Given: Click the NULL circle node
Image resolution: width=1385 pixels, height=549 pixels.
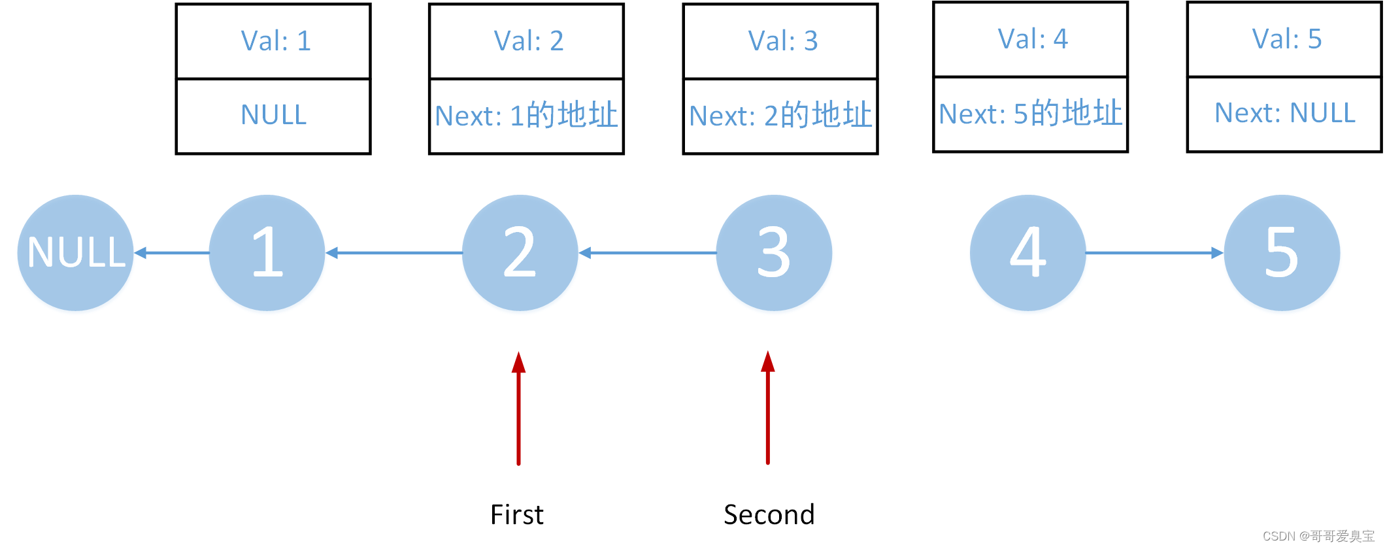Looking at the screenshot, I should tap(75, 253).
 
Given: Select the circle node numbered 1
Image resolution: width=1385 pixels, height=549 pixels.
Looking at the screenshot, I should tap(267, 253).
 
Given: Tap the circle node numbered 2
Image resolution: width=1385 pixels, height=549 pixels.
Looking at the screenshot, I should tap(520, 253).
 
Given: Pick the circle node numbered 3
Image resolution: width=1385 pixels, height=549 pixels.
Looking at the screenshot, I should tap(774, 253).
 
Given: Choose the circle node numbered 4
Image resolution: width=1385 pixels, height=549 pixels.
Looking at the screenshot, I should tap(1027, 253).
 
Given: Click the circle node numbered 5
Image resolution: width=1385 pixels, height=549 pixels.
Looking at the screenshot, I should tap(1282, 253).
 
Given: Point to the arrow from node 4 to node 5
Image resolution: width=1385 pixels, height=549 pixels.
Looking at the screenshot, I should tap(1154, 253).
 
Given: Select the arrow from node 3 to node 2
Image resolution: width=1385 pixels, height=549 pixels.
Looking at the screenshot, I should tap(647, 253).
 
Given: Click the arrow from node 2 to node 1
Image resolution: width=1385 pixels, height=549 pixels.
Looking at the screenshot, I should tap(393, 253).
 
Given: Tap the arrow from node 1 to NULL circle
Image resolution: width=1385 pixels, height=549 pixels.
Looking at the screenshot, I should tap(171, 253).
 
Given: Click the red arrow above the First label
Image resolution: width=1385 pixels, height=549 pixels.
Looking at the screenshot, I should tap(518, 408).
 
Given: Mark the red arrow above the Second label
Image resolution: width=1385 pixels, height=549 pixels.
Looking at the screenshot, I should tap(768, 408).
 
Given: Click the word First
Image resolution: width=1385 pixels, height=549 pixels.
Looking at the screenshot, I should tap(516, 514).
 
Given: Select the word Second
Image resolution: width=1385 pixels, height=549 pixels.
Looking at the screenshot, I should tap(769, 514).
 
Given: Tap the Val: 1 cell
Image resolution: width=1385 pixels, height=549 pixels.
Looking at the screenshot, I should tap(274, 41).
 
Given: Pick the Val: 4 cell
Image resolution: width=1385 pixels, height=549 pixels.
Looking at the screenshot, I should tap(1031, 39).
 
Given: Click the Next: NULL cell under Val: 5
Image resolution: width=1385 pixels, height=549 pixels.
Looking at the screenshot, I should tap(1284, 114).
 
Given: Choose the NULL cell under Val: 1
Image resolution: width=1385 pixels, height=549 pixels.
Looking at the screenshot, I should tap(274, 116).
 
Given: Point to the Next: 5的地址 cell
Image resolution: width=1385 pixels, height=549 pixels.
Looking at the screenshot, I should tap(1031, 114).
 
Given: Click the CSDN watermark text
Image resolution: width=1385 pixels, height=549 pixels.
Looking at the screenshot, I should tap(1318, 536).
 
